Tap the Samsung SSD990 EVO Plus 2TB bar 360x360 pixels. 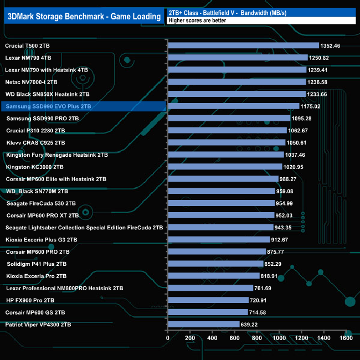click(x=233, y=106)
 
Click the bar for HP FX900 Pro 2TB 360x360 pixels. click(x=208, y=300)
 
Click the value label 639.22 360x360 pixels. click(x=253, y=325)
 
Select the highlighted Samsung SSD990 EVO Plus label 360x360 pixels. click(x=47, y=106)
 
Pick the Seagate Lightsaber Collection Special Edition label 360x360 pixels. click(x=84, y=227)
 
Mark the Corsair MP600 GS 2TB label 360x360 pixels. click(x=39, y=312)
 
